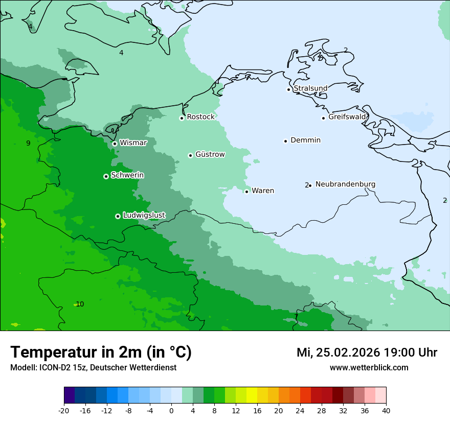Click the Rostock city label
(x=200, y=117)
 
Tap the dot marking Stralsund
(x=288, y=89)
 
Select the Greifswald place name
(x=347, y=117)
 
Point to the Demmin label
(x=305, y=140)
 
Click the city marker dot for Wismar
(x=115, y=144)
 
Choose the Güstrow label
(x=210, y=154)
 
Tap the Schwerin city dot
(x=106, y=176)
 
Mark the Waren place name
(x=263, y=191)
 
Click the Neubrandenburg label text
(x=345, y=184)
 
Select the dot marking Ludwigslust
(x=118, y=216)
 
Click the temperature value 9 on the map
(x=28, y=143)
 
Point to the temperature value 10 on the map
(x=80, y=304)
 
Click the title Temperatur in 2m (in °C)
(x=101, y=352)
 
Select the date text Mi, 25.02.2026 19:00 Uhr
(x=367, y=352)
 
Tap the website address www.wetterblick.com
(x=369, y=367)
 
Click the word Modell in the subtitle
(x=22, y=367)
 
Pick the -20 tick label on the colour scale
(x=64, y=410)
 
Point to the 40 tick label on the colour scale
(x=386, y=410)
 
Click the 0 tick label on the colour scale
(x=171, y=410)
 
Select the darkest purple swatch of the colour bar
(x=69, y=395)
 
